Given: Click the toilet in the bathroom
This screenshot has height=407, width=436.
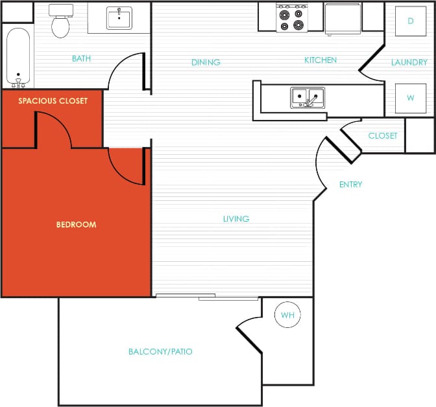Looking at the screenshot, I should point(60,23).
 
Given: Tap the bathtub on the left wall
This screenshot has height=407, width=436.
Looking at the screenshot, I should point(18,58).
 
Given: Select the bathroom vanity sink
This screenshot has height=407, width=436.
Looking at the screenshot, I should point(119,18).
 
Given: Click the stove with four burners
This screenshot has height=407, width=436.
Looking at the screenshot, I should point(291,17).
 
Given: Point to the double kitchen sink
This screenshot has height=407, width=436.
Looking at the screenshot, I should point(307,98).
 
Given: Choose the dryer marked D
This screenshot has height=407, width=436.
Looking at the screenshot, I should point(410,21).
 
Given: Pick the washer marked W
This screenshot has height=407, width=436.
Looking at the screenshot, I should point(410,99).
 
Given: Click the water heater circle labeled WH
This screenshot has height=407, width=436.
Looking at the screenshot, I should point(287,316).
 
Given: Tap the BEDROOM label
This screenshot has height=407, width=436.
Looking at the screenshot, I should point(76,225).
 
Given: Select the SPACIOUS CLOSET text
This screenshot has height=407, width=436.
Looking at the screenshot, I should point(53,101).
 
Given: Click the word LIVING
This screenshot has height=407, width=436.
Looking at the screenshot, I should point(236,219).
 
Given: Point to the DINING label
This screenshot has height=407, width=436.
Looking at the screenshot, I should point(206,63).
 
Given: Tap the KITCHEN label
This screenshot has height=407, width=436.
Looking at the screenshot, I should point(321,60).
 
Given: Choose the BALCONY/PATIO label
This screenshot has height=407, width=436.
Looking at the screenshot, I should point(160,352).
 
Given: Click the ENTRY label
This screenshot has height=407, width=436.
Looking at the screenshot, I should point(350,185).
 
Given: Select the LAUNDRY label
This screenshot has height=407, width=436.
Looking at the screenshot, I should point(409,63).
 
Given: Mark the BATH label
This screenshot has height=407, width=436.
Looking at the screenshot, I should point(81,59).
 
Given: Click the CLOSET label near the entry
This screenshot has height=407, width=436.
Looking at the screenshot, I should point(382,136).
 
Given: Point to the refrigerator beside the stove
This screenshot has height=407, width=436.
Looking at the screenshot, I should point(343,17).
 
